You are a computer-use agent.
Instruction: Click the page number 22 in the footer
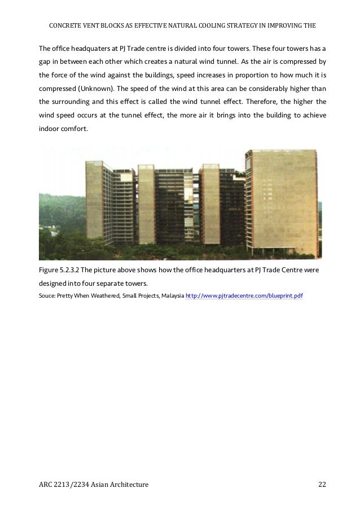pos(322,484)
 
